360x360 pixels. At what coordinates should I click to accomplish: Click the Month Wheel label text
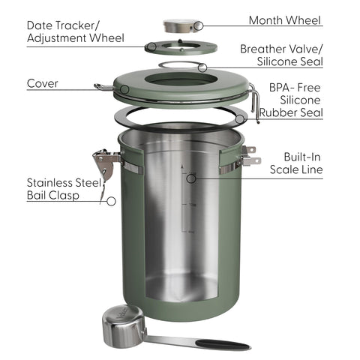click(x=285, y=20)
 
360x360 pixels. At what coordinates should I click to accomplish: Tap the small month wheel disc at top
click(x=180, y=26)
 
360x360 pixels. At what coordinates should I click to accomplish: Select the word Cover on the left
click(x=43, y=83)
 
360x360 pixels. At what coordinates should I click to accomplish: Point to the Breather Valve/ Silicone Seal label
click(x=280, y=55)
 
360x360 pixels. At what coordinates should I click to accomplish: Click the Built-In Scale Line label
click(x=295, y=163)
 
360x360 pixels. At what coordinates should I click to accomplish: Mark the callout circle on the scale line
click(x=191, y=178)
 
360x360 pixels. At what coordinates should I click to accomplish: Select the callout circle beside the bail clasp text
click(x=112, y=201)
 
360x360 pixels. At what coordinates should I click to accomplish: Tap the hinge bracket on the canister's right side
click(x=248, y=156)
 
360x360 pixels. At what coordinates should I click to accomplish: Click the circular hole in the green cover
click(x=180, y=79)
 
